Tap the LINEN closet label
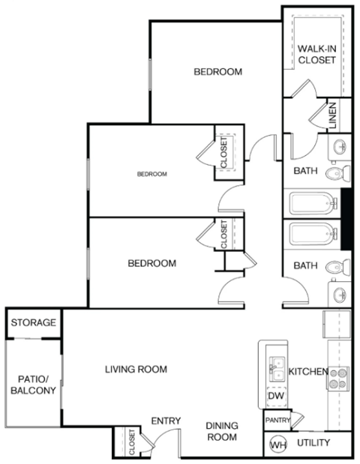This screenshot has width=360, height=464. click(x=331, y=114)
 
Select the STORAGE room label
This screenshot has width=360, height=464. click(x=33, y=323)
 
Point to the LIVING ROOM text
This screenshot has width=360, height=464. click(x=135, y=370)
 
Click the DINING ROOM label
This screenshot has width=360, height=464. click(x=222, y=431)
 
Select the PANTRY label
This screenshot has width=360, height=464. click(x=277, y=421)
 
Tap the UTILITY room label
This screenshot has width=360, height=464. click(x=313, y=443)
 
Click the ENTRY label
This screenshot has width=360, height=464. click(x=166, y=421)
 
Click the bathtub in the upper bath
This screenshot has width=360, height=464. click(x=310, y=202)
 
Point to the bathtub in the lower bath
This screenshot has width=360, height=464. click(x=310, y=235)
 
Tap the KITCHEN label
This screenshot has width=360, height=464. click(x=307, y=371)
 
